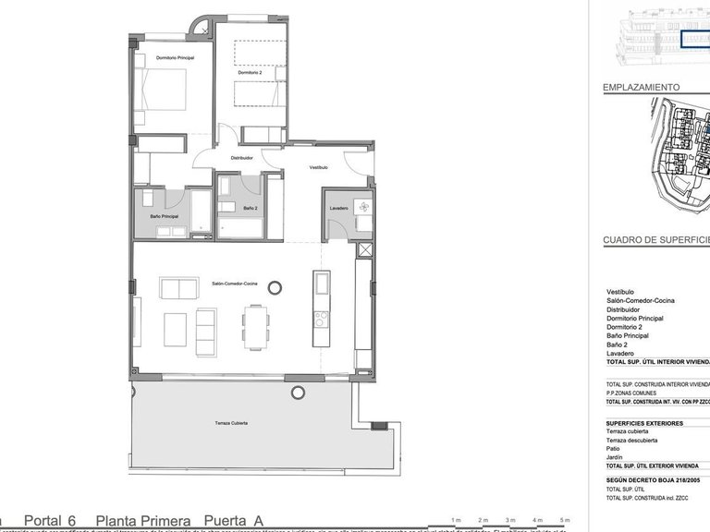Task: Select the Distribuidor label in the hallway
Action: click(x=241, y=158)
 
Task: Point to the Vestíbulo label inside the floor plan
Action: click(x=318, y=167)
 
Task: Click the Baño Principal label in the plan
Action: click(x=164, y=216)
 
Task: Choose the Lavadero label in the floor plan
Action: click(x=338, y=209)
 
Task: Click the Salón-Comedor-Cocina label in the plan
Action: click(x=234, y=284)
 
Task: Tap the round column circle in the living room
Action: click(x=275, y=288)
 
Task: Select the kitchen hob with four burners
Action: click(x=321, y=320)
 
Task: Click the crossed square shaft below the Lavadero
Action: click(x=365, y=249)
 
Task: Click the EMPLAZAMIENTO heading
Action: click(x=642, y=88)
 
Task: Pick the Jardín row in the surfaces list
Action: click(x=615, y=457)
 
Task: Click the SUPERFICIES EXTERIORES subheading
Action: click(x=644, y=423)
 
